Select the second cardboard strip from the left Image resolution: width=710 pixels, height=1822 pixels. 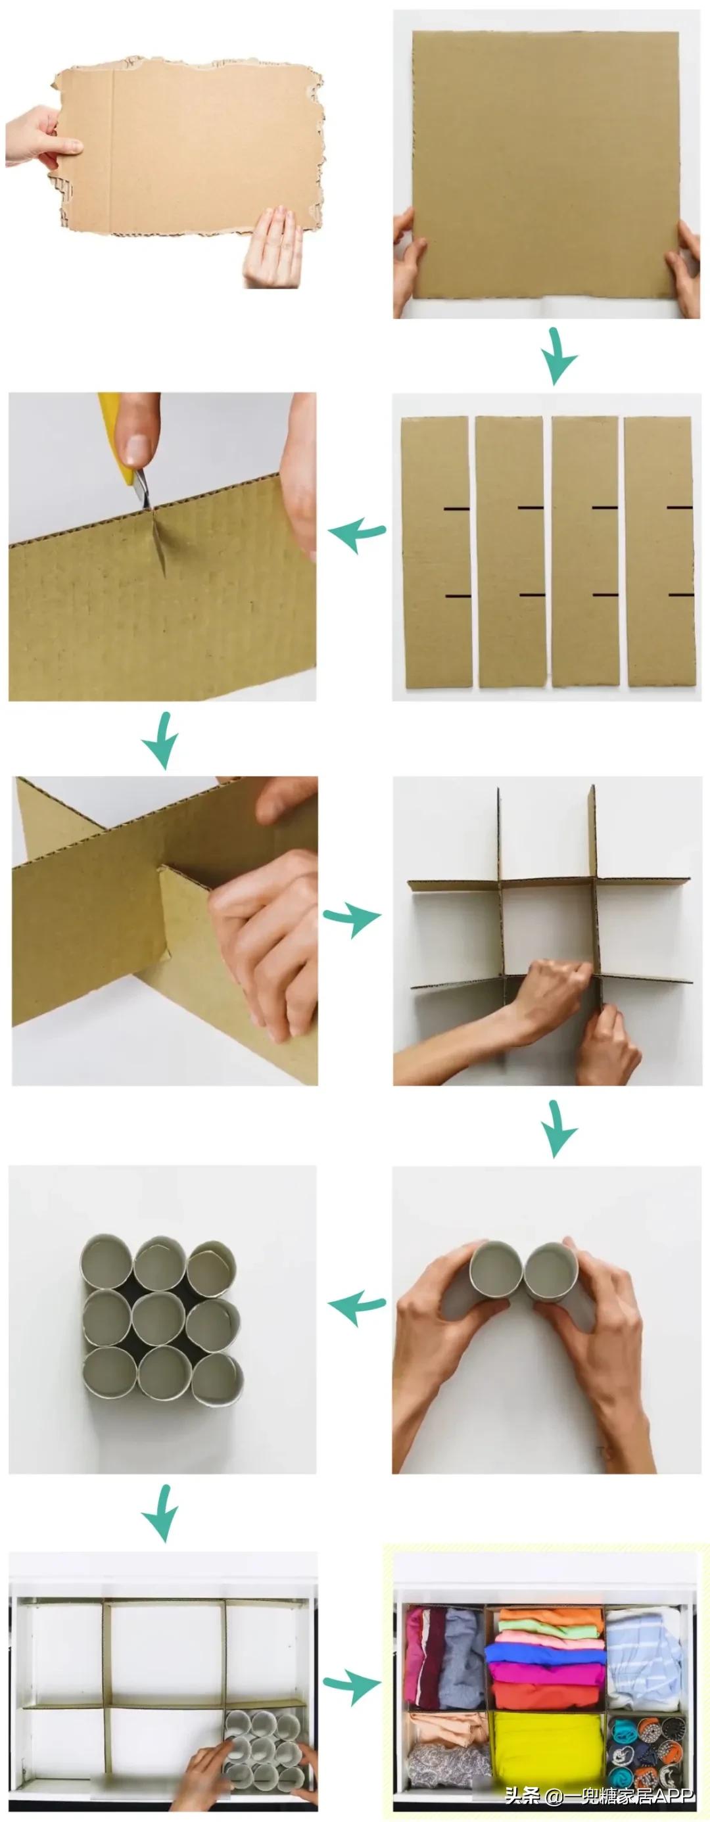tap(510, 551)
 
